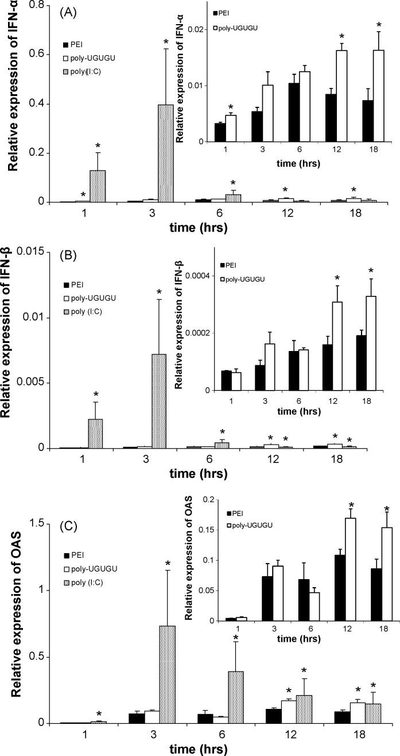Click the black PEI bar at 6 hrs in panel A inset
pos(293,112)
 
